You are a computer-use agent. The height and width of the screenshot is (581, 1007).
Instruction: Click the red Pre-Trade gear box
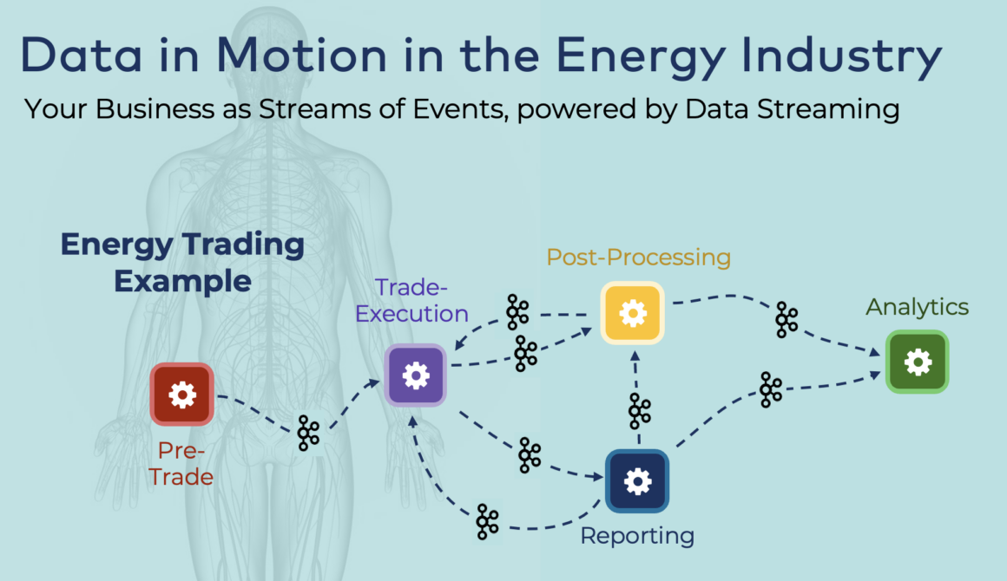(x=181, y=395)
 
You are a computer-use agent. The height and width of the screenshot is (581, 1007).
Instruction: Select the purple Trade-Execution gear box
(x=416, y=375)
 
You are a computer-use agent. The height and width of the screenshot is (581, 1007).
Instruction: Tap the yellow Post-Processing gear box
(x=633, y=312)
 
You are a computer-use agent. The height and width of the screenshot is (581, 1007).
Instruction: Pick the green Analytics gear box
(x=918, y=362)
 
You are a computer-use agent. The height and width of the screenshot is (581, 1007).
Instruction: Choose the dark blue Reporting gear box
(x=637, y=480)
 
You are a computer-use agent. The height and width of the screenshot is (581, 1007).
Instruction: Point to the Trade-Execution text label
(x=412, y=300)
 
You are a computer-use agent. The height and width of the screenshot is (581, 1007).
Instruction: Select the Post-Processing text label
(x=638, y=258)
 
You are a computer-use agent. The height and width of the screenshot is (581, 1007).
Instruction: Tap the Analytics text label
(x=917, y=307)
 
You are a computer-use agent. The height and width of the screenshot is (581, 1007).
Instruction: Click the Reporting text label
(x=637, y=535)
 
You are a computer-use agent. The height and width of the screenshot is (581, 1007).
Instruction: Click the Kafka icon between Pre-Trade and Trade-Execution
(x=308, y=432)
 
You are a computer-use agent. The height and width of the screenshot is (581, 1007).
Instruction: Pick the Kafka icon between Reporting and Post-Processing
(x=640, y=411)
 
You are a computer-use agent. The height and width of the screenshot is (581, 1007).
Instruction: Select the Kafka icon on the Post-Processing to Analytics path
(x=787, y=319)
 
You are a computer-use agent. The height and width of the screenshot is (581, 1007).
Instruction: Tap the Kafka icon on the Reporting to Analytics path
(x=771, y=389)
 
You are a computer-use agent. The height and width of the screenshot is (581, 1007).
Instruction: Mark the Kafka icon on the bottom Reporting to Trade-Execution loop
(x=488, y=522)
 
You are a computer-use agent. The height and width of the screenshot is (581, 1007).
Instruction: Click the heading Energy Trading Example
(x=182, y=263)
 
